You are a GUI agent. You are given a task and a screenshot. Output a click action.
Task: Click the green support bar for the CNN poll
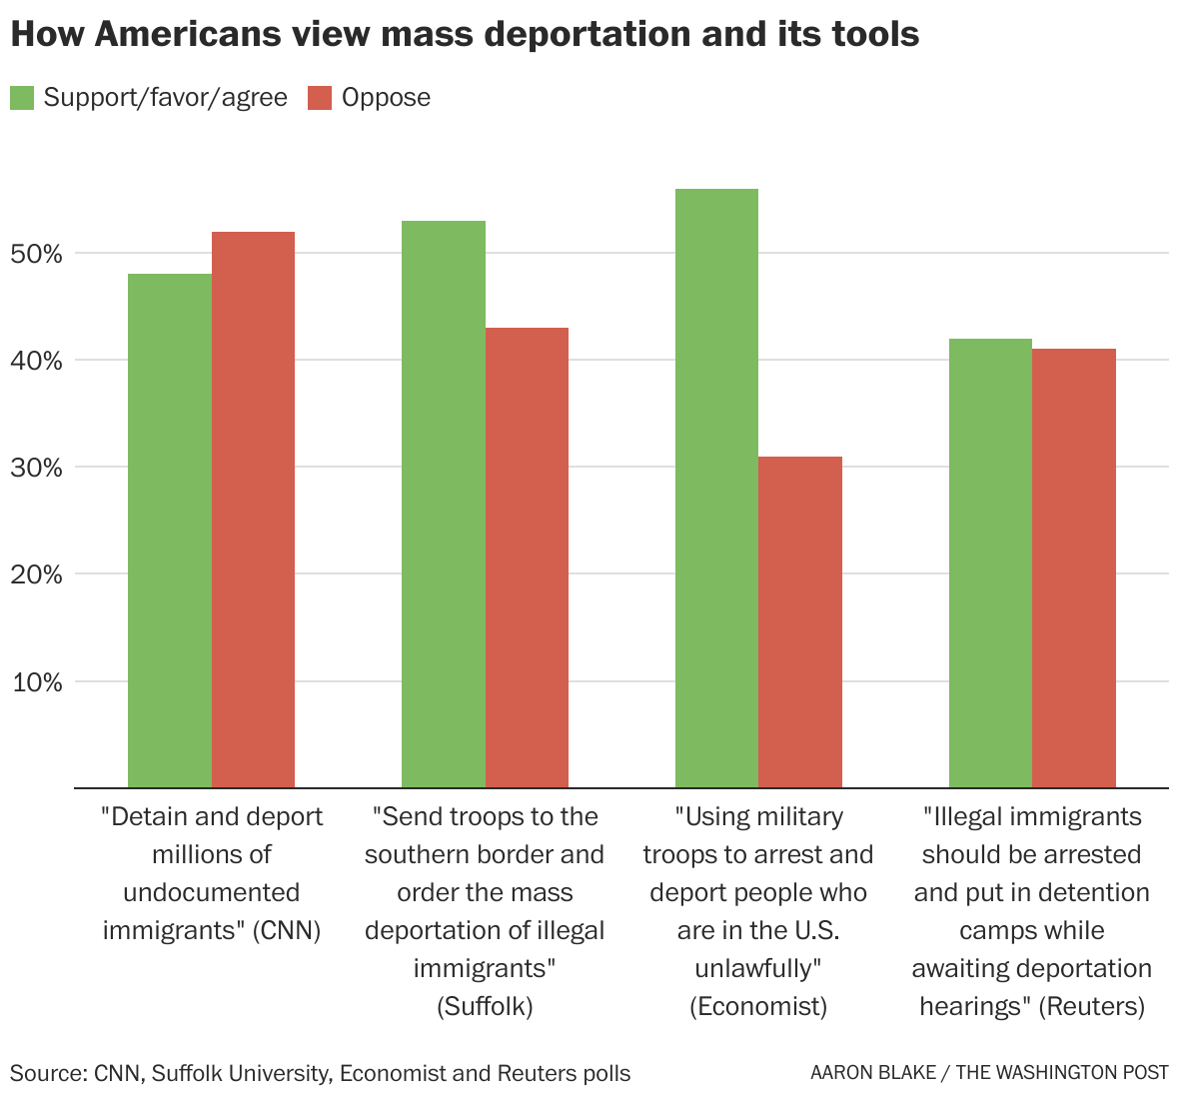tap(170, 530)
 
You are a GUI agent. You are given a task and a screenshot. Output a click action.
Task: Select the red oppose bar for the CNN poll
tap(253, 510)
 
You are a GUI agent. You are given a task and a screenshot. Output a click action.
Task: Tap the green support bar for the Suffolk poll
tap(444, 505)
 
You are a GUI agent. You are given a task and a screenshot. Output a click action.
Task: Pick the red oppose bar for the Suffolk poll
tap(527, 557)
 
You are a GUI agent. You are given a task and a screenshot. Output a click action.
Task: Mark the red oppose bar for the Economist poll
tap(800, 621)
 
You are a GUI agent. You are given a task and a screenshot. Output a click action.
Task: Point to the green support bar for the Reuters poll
tap(990, 562)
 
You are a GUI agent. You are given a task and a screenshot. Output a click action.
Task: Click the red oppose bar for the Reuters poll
tap(1074, 567)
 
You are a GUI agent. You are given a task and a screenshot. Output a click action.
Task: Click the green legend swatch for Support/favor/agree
tap(22, 98)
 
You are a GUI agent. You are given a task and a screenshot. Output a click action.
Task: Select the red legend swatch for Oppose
tap(320, 98)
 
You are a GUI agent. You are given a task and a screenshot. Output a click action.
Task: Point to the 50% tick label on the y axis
tap(37, 254)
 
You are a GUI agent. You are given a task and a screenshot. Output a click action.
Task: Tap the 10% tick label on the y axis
tap(37, 682)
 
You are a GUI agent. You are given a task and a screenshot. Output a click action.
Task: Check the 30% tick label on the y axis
tap(37, 468)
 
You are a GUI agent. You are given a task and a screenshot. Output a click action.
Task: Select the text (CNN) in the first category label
tap(286, 931)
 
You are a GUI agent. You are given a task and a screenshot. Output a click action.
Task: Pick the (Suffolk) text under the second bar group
tap(485, 1006)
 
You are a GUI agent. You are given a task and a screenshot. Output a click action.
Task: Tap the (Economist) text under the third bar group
tap(758, 1006)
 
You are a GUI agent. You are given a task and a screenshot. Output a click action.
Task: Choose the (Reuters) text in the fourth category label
tap(1091, 1006)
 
